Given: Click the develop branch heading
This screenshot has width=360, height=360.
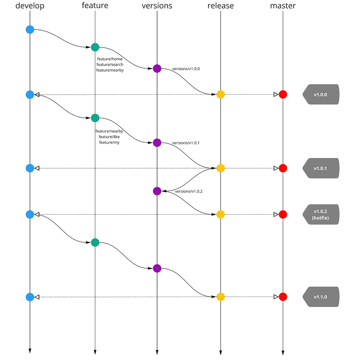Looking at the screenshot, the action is coord(30,6).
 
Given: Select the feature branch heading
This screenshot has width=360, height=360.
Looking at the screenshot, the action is coord(95,5).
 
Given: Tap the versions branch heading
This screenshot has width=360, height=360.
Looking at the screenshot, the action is coord(157,6).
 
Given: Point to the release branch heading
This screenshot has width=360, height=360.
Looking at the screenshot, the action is coord(221,6).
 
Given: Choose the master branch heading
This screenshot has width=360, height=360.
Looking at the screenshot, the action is coord(283,6).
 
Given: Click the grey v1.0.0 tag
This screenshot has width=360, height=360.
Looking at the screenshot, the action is coord(321,94).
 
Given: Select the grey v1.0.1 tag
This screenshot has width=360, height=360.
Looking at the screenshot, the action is coord(321,168).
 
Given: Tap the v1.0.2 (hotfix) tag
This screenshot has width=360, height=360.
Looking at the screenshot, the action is coord(321,214).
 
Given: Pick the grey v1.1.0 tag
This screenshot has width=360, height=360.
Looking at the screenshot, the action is coord(321,297).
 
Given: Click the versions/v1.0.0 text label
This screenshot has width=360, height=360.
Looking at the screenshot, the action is coord(186,69).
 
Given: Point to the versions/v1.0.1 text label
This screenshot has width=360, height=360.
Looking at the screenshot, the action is coord(186,143).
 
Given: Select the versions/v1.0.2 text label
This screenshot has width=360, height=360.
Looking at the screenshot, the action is coord(189,191).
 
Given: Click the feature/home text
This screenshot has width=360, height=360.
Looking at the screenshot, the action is coord(110,59).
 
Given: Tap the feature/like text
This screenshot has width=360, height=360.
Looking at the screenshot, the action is coord(109,137).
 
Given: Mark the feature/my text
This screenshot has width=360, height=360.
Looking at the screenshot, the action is coord(109,143).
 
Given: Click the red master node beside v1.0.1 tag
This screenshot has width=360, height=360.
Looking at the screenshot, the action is coord(283,168).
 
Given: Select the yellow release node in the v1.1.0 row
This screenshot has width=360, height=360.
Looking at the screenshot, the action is coord(221,297).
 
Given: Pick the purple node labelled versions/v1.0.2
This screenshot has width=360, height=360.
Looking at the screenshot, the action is coord(157,191).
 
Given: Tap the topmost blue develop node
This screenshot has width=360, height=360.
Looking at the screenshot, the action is coord(30,30).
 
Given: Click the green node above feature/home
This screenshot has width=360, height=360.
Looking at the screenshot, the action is coord(95,47).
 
